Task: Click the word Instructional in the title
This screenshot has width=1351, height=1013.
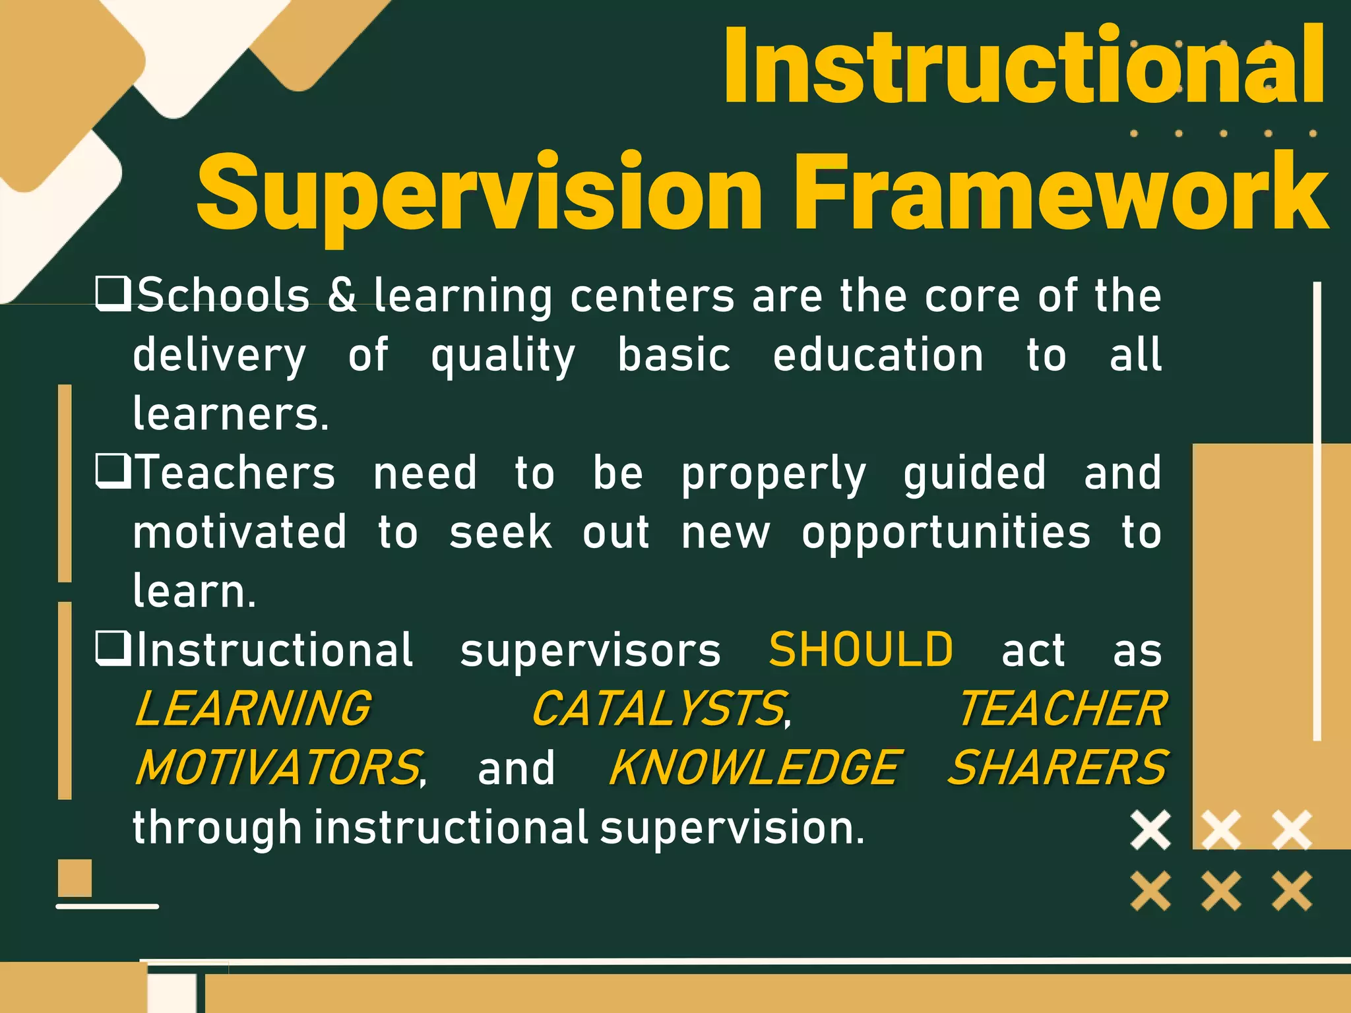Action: [1022, 66]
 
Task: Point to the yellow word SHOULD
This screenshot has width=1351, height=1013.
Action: [861, 650]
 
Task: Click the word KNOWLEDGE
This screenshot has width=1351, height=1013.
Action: [752, 768]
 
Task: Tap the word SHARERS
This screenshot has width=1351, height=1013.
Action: [1057, 768]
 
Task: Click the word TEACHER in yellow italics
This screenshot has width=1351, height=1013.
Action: [1062, 709]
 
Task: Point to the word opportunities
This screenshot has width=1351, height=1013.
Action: [945, 533]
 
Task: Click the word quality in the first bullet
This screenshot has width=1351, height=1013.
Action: [503, 356]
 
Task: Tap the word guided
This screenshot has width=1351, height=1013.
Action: [974, 473]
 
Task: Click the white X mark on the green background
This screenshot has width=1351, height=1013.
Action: [1150, 830]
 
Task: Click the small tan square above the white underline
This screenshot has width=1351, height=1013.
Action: [75, 877]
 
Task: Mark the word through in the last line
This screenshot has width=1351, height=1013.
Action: [216, 828]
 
